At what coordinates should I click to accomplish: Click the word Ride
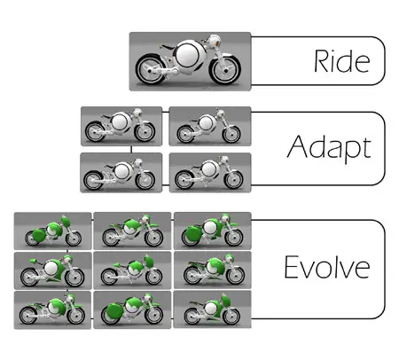point(341,61)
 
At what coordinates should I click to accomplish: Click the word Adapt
point(329,148)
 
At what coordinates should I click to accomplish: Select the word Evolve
point(327,267)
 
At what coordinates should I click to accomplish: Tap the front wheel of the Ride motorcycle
point(225,70)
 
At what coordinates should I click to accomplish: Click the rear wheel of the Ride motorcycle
point(151,70)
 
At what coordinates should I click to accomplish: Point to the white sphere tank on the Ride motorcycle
point(188,54)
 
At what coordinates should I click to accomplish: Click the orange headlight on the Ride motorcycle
point(218,43)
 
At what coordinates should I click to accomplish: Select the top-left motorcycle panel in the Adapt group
point(121,126)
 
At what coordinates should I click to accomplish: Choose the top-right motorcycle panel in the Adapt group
point(210,126)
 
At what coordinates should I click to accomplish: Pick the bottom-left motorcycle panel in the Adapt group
point(121,173)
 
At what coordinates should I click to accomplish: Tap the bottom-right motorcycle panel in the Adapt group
point(210,173)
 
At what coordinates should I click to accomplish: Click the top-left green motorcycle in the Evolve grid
point(53,231)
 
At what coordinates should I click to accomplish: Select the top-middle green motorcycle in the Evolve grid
point(132,231)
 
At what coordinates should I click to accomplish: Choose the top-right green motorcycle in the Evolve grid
point(212,231)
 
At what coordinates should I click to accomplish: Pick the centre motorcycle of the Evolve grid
point(132,270)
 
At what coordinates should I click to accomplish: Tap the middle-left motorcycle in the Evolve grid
point(52,270)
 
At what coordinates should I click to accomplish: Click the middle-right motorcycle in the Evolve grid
point(214,270)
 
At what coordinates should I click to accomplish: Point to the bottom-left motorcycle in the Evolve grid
point(52,309)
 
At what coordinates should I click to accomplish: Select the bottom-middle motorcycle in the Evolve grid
point(132,309)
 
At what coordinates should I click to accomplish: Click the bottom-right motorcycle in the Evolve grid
point(212,309)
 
